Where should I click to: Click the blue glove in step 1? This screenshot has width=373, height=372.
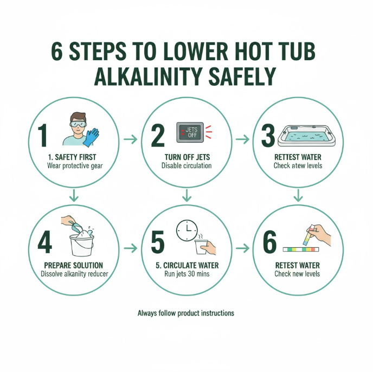[x=91, y=137]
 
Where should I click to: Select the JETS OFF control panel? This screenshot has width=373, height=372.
[x=190, y=132]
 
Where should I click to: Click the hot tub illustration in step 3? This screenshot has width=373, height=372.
[x=307, y=136]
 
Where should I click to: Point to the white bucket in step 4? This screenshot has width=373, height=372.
[x=81, y=245]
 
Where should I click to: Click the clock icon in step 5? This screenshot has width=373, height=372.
[x=186, y=230]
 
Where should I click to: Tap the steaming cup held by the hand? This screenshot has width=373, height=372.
[x=201, y=246]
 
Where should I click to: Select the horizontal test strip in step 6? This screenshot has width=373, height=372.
[x=301, y=249]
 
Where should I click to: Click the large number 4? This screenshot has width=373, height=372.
[x=44, y=242]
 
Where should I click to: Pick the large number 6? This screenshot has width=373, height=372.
[x=270, y=242]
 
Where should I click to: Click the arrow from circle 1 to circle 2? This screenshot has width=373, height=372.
[x=130, y=139]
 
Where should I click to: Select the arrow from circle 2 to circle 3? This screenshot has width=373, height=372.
[x=242, y=139]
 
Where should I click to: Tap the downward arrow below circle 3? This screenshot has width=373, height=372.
[x=298, y=195]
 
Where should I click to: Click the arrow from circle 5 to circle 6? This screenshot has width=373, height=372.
[x=242, y=248]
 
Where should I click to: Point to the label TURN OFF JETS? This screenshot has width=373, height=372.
[x=187, y=157]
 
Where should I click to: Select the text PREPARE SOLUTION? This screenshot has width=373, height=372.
[x=74, y=265]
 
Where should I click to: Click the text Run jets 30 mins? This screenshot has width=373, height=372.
[x=187, y=274]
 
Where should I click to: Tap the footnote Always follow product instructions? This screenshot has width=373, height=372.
[x=186, y=313]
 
